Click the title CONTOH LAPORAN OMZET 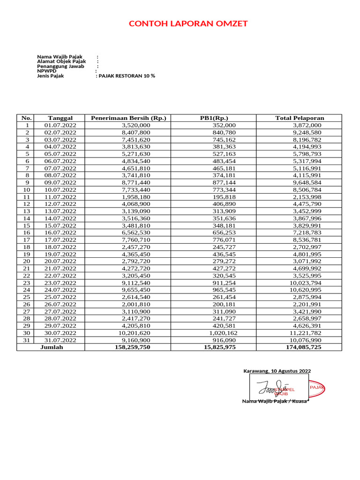pyautogui.click(x=188, y=24)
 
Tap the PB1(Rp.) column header pyautogui.click(x=214, y=118)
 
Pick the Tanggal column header pyautogui.click(x=60, y=118)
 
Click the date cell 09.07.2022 pyautogui.click(x=60, y=182)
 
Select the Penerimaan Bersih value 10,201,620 pyautogui.click(x=136, y=333)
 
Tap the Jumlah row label pyautogui.click(x=52, y=347)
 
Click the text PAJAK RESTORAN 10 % pyautogui.click(x=126, y=75)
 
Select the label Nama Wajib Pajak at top pyautogui.click(x=60, y=57)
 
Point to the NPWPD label pyautogui.click(x=47, y=71)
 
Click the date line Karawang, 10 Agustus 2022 pyautogui.click(x=277, y=371)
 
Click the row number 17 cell pyautogui.click(x=27, y=240)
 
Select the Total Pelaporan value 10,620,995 pyautogui.click(x=306, y=290)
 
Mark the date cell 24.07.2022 pyautogui.click(x=60, y=290)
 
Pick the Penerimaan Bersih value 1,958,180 pyautogui.click(x=136, y=197)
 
